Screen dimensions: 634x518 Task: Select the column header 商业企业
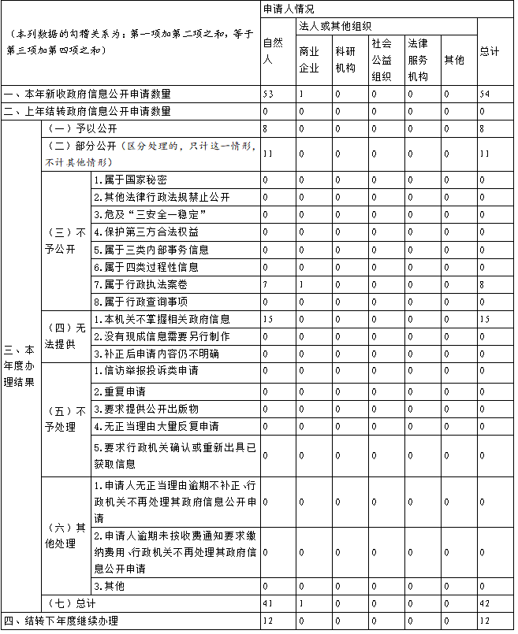(309, 59)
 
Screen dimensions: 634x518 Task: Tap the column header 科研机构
(345, 59)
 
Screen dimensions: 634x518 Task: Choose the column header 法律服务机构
(418, 59)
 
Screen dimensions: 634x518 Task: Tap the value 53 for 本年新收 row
(268, 94)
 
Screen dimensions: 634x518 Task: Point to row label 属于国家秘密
(130, 180)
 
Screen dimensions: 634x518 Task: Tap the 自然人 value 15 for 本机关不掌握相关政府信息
(268, 319)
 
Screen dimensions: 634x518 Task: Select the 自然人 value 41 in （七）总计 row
(268, 603)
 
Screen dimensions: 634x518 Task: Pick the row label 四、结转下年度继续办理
(61, 621)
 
